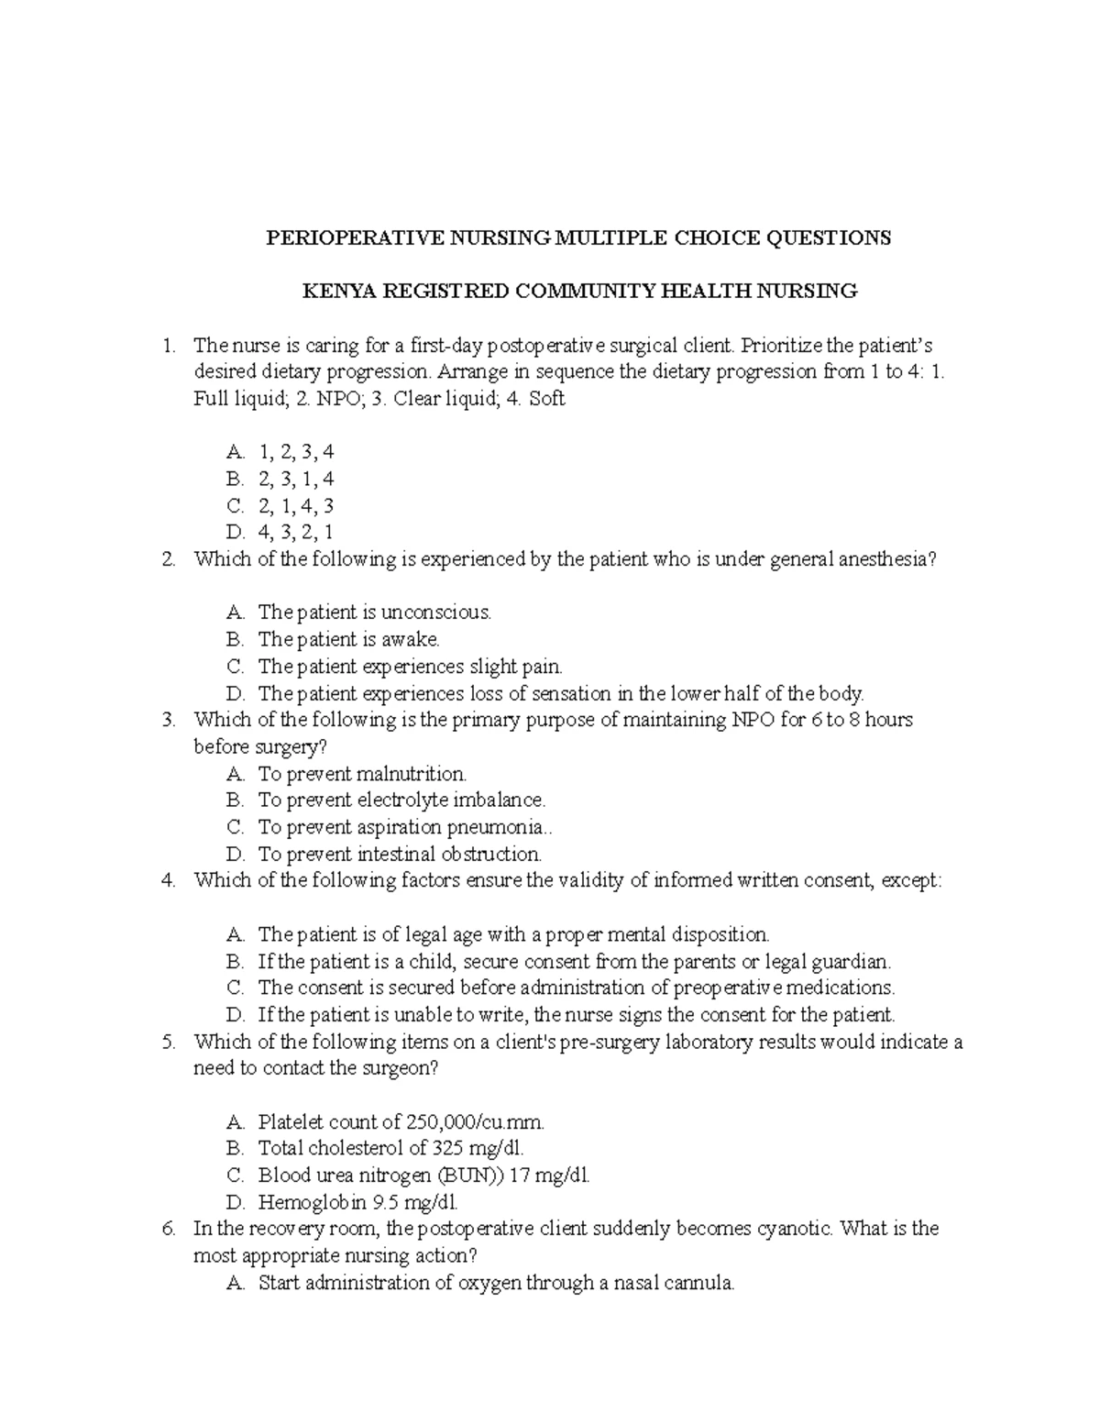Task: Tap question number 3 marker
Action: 168,720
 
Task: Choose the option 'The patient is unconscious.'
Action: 375,612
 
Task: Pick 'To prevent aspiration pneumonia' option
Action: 402,827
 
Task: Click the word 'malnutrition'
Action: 412,774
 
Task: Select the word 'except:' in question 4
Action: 911,880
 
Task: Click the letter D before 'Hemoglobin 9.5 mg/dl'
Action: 235,1202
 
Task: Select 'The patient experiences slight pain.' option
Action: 410,666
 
